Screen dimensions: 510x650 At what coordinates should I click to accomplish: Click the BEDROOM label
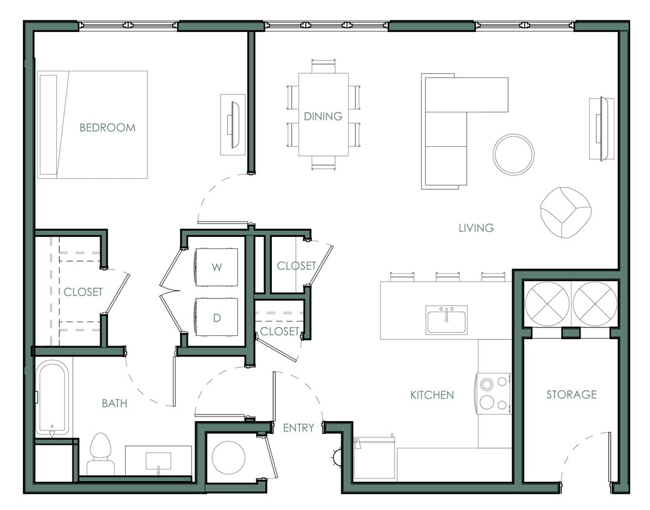pyautogui.click(x=108, y=127)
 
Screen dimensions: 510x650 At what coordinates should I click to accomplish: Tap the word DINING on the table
pyautogui.click(x=323, y=116)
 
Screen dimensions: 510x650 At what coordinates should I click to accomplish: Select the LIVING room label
pyautogui.click(x=476, y=228)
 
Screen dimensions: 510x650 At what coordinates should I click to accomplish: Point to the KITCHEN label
pyautogui.click(x=432, y=395)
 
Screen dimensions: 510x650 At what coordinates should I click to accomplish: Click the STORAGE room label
pyautogui.click(x=571, y=395)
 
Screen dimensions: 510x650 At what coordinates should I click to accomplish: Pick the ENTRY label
pyautogui.click(x=298, y=428)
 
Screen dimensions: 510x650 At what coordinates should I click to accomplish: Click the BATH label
pyautogui.click(x=114, y=403)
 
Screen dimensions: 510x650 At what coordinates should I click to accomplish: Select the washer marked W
pyautogui.click(x=216, y=266)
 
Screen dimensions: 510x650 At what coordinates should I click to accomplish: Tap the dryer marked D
pyautogui.click(x=216, y=318)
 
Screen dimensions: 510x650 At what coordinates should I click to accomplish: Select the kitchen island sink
pyautogui.click(x=446, y=319)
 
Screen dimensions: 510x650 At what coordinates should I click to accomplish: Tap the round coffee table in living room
pyautogui.click(x=513, y=154)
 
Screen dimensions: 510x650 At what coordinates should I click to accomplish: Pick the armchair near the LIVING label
pyautogui.click(x=565, y=212)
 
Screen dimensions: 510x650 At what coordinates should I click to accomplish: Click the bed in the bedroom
pyautogui.click(x=92, y=124)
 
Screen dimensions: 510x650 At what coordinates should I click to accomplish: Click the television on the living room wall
pyautogui.click(x=600, y=128)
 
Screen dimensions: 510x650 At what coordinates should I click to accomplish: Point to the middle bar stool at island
pyautogui.click(x=448, y=277)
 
